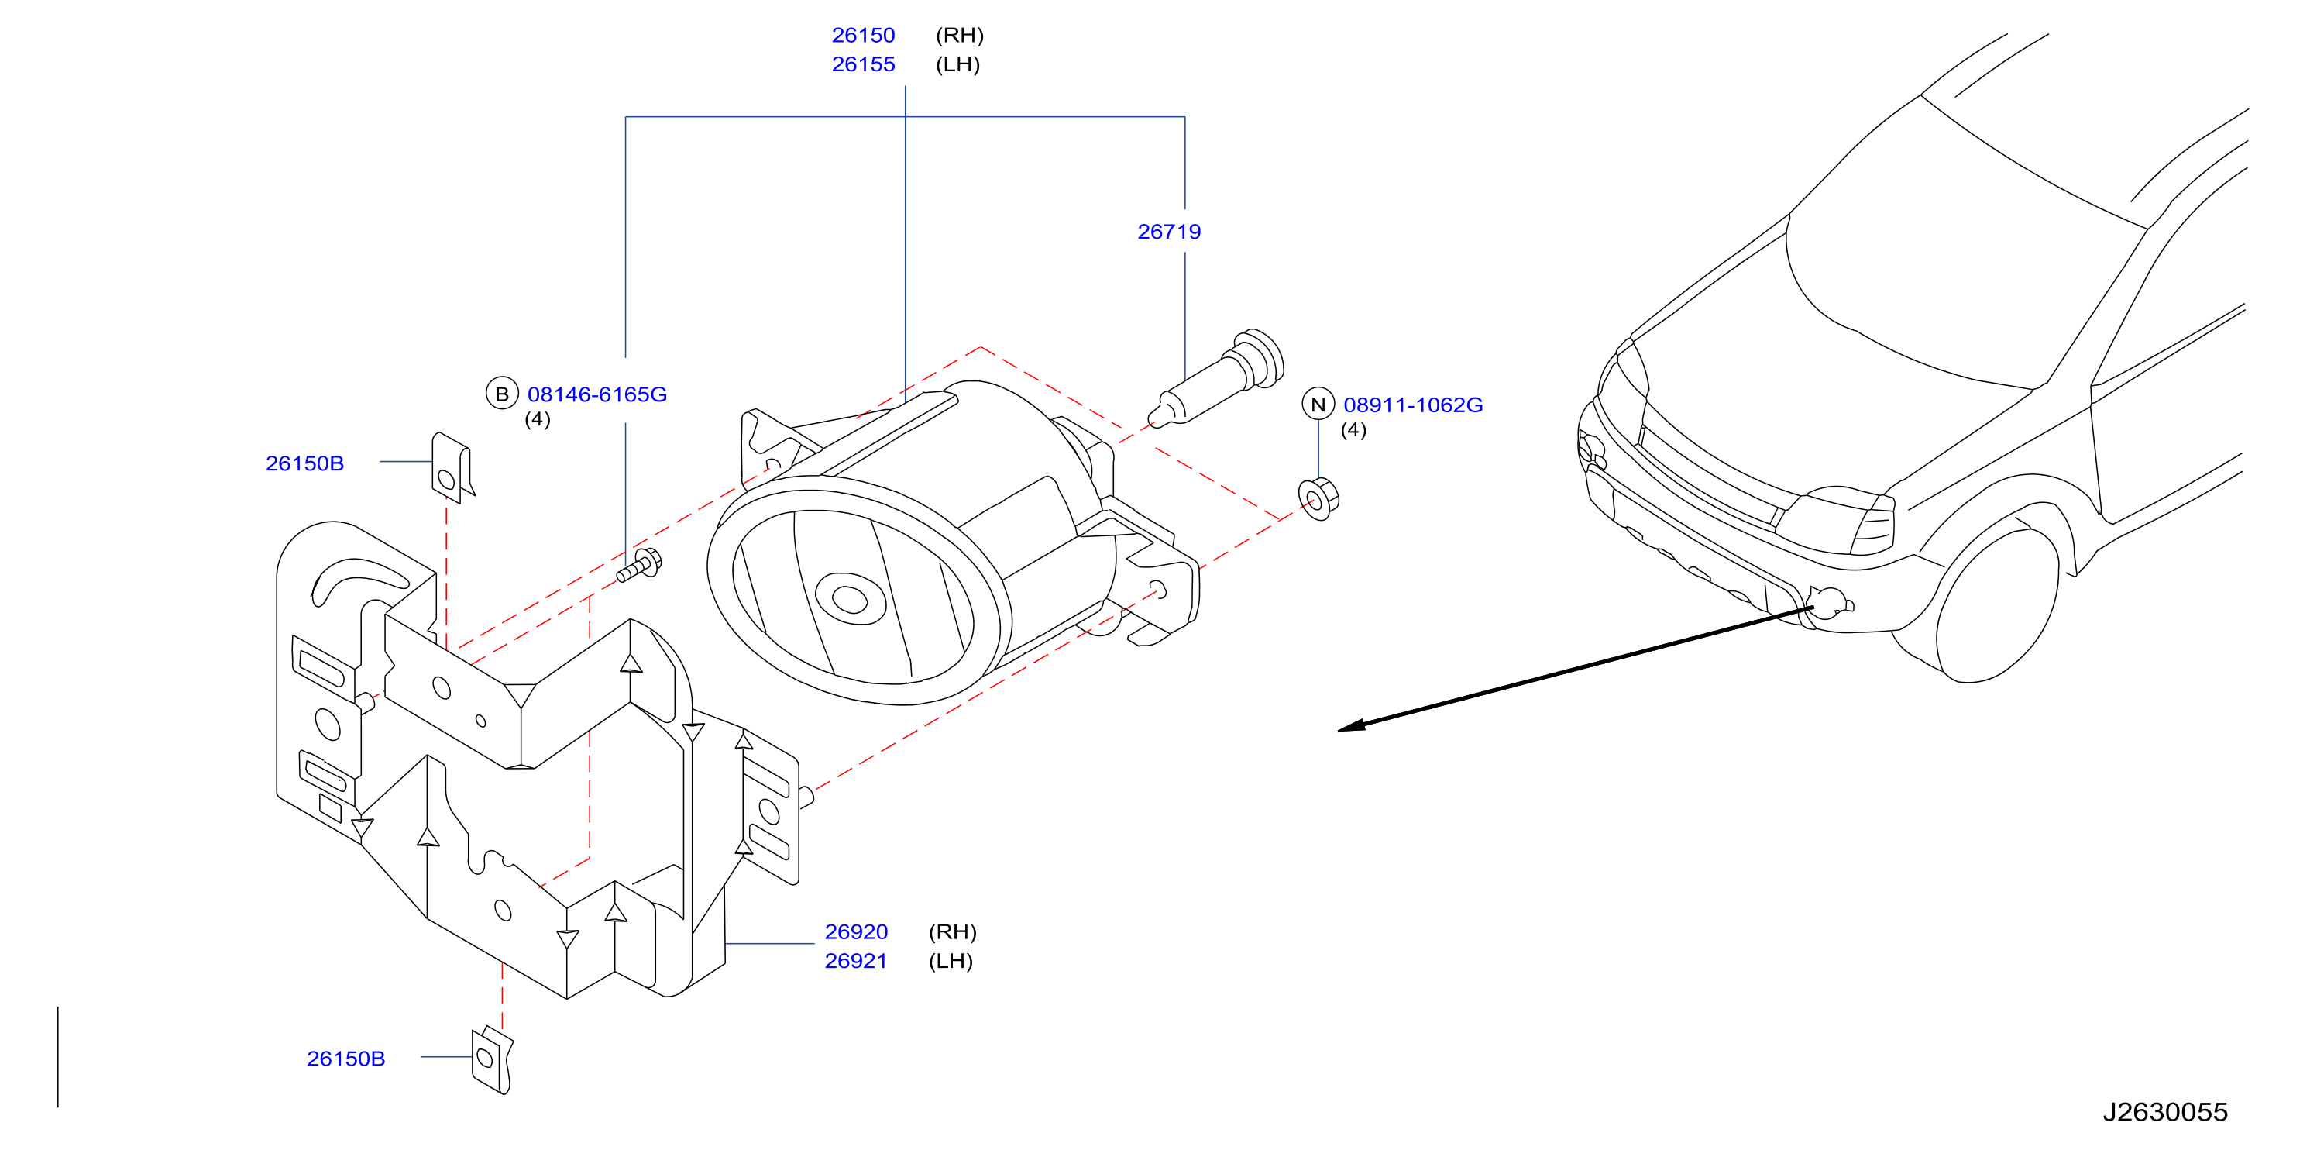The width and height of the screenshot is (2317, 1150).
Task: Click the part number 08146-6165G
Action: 596,394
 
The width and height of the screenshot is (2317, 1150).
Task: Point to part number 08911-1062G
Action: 1412,405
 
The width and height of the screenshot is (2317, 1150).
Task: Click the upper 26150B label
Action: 304,463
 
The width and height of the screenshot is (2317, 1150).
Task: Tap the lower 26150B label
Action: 345,1059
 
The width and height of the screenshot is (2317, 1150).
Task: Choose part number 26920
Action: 855,931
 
